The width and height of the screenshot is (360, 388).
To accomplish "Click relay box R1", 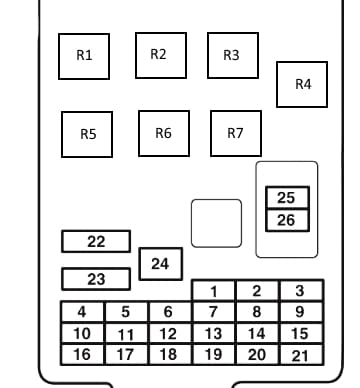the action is [x=84, y=56].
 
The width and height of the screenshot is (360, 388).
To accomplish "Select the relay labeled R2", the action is [x=161, y=55].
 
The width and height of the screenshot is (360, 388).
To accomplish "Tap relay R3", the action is [x=233, y=55].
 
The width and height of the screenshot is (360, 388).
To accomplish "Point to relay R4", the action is [x=302, y=84].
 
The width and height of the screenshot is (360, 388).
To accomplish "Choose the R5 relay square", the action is [x=87, y=134].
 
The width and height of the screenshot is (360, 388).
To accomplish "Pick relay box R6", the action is [x=164, y=133].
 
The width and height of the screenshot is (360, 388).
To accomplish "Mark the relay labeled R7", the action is [x=236, y=133].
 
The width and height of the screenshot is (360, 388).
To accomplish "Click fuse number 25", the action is [x=287, y=198].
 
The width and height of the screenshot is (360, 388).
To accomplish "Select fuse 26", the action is [x=287, y=220].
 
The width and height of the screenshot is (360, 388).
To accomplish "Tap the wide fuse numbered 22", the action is [x=96, y=241].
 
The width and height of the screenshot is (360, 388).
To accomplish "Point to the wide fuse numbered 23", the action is [x=96, y=279].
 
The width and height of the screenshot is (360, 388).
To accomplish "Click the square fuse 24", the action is [x=161, y=264].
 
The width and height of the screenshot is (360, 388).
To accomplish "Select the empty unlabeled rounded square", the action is [x=217, y=223].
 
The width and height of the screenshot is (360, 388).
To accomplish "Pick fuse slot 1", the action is [x=213, y=291].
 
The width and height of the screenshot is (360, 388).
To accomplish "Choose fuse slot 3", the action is [x=302, y=291].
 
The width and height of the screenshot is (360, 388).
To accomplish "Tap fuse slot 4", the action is [x=82, y=312].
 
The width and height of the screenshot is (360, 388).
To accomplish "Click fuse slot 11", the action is [x=126, y=334].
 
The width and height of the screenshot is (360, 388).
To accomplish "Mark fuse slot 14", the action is [x=257, y=334].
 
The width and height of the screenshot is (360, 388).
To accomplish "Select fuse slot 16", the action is [x=82, y=355].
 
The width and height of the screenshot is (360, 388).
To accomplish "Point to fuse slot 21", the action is [x=302, y=355].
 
